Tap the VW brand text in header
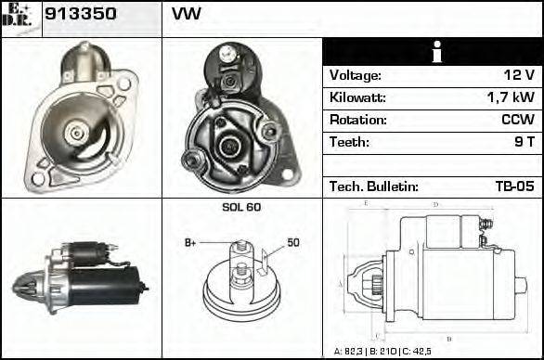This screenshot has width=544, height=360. pos(186,16)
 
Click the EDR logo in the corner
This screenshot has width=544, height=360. pos(20,18)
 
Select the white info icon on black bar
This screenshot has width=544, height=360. pos(433,52)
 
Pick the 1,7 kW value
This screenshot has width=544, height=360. pos(511,97)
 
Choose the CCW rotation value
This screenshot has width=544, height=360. pos(515,120)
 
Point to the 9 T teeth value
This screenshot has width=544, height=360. pos(523,142)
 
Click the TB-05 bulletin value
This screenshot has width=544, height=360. pos(514,186)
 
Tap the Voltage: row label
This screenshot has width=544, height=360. pos(356,75)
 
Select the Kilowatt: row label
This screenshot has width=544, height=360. pos(357,97)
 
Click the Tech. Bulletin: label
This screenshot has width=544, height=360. pos(374,186)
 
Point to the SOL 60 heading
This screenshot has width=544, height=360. pos(241,207)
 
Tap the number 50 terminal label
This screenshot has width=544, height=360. pos(293,242)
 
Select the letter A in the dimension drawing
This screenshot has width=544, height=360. pos(340,282)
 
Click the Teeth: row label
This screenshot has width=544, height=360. pos(349,142)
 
